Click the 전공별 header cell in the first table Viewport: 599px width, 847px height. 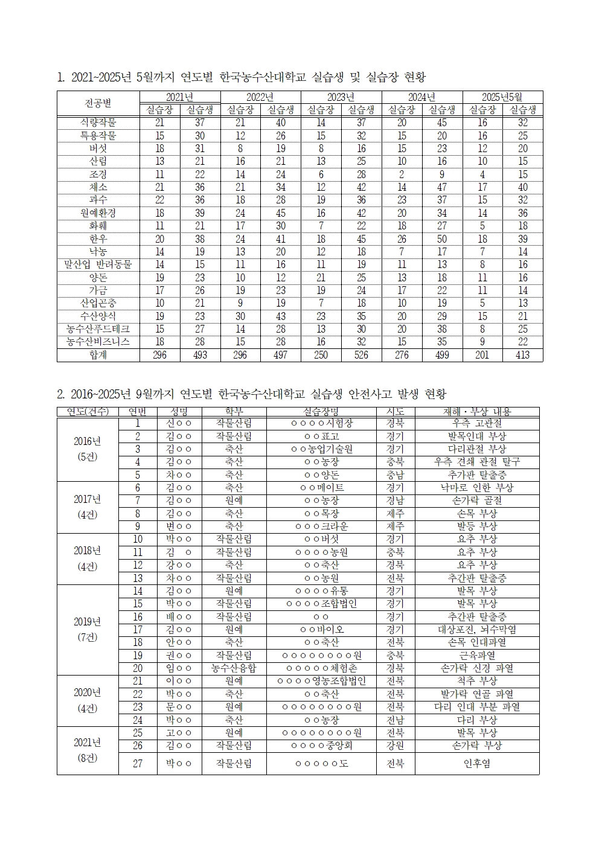coord(98,103)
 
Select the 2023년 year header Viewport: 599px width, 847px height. coord(341,97)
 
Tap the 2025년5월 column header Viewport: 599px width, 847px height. coord(502,97)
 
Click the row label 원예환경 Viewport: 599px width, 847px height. coord(98,213)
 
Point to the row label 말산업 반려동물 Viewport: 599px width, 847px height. coord(98,264)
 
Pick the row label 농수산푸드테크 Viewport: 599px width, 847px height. coord(98,329)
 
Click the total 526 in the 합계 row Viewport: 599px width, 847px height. coord(361,355)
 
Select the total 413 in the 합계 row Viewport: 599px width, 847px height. coord(522,355)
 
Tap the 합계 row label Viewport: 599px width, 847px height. coord(98,355)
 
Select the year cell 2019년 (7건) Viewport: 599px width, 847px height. coord(88,629)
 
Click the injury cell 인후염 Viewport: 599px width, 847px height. coord(476,764)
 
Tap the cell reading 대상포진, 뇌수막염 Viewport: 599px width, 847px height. coord(476,630)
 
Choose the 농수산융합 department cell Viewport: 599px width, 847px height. coord(233,668)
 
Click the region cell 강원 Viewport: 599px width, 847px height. coord(395,746)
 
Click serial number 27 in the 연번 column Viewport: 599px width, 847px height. coord(138,764)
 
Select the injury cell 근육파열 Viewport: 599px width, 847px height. coord(476,656)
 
